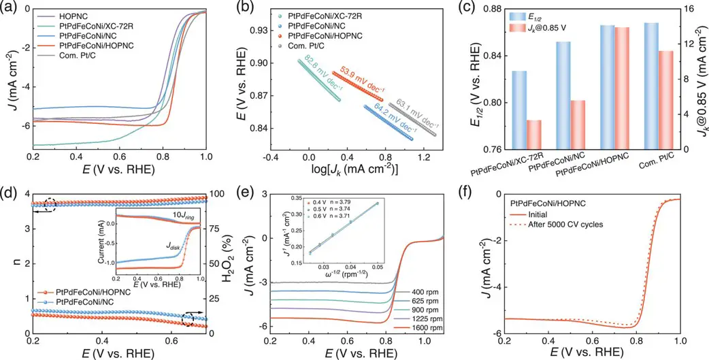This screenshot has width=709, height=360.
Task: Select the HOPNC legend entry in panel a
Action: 78,14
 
